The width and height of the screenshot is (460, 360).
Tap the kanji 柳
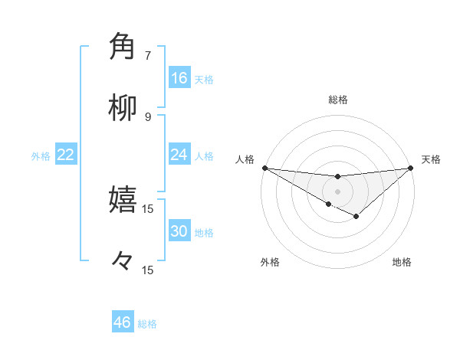point(123,109)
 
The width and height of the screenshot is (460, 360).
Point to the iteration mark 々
point(123,263)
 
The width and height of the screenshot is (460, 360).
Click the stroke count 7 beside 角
point(148,55)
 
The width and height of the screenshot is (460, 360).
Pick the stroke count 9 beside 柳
point(148,116)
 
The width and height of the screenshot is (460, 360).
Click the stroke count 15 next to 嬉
point(148,208)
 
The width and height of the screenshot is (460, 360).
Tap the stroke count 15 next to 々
point(148,270)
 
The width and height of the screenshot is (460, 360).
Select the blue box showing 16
point(179,78)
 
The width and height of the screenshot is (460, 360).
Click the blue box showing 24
point(179,155)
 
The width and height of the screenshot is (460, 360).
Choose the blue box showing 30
point(179,232)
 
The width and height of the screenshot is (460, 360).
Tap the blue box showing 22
point(66,155)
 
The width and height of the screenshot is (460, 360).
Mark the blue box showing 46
point(123,322)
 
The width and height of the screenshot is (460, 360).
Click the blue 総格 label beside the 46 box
point(148,324)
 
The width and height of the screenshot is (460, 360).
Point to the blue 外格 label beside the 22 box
point(41,156)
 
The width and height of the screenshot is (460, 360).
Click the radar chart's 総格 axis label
point(337,100)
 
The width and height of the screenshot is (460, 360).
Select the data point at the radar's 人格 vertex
point(264,168)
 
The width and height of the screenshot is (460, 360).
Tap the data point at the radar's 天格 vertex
point(411,168)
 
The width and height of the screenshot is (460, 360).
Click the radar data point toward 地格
point(356,217)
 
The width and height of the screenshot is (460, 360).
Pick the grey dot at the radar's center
point(337,191)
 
